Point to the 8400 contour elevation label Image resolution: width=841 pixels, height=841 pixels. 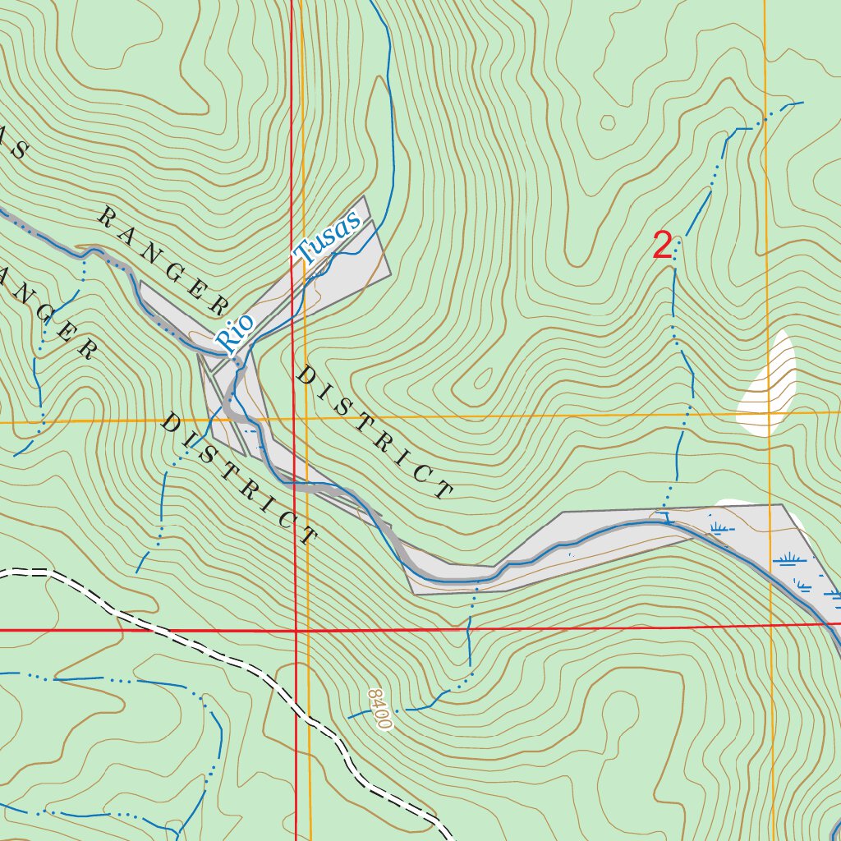379,710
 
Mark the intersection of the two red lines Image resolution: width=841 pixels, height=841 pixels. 296,631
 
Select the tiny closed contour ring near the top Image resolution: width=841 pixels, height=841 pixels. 608,122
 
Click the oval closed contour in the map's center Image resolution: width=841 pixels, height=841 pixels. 484,379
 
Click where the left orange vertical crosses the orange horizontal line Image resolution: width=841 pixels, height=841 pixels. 304,420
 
